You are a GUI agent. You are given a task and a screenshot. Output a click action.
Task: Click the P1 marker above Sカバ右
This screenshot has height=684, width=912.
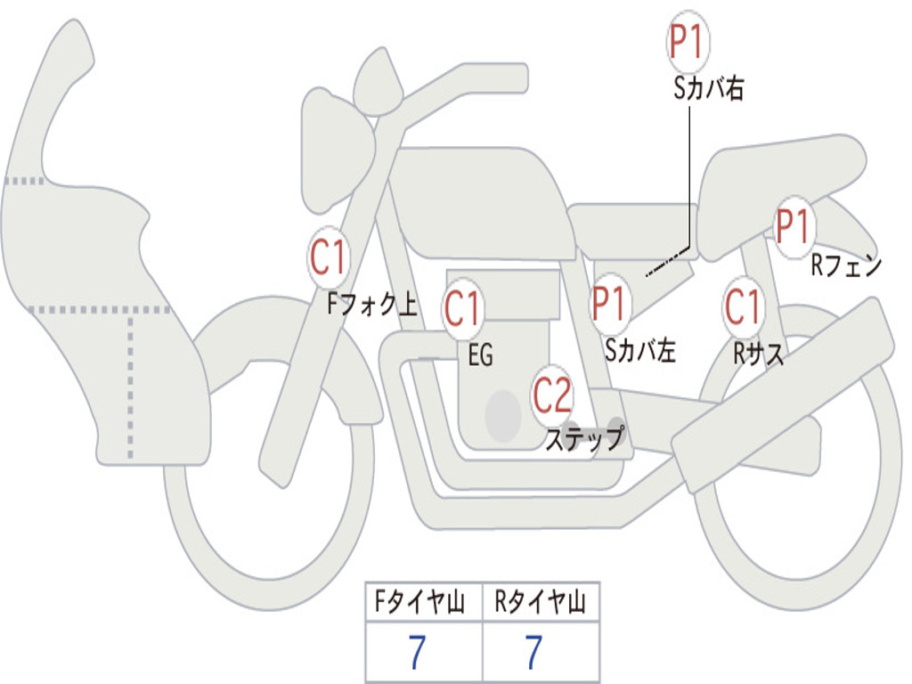[x=688, y=41]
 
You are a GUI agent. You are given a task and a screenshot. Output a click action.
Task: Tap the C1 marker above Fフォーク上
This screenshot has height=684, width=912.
[x=329, y=257]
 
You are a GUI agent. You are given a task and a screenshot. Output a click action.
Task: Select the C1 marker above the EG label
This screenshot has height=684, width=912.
[x=463, y=308]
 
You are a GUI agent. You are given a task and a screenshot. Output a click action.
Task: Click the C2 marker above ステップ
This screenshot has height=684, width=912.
[x=552, y=395]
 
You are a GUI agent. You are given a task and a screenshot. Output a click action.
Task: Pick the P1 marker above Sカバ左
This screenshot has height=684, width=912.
[x=610, y=304]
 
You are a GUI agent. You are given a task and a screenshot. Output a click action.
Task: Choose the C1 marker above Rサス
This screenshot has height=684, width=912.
[x=743, y=306]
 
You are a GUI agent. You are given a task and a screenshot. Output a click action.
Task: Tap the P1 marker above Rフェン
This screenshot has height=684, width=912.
[x=794, y=226]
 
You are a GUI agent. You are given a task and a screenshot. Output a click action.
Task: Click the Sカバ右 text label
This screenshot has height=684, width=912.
[x=708, y=88]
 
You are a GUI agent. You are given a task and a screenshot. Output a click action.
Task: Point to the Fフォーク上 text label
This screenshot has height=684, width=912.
[x=372, y=304]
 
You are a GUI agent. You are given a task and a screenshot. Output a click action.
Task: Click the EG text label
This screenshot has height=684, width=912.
[x=480, y=354]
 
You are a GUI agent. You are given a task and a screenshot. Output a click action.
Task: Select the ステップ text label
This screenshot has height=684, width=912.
[x=585, y=438]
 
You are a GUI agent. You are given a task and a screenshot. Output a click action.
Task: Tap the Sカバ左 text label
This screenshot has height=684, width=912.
[x=640, y=350]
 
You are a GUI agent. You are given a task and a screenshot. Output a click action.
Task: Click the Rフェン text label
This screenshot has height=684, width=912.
[x=847, y=265]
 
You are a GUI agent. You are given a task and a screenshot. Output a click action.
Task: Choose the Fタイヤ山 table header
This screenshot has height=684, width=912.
[x=420, y=601]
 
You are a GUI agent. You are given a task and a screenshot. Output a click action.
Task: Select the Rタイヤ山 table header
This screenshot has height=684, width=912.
[x=540, y=601]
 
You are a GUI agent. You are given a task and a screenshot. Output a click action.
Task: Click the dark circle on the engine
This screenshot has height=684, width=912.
[x=503, y=416]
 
